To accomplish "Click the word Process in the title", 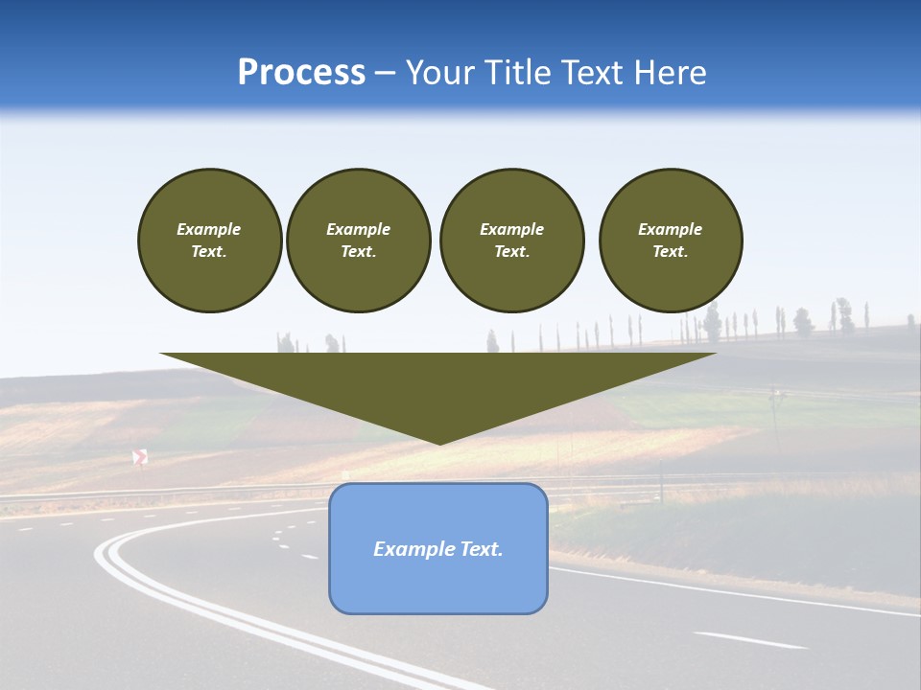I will [x=301, y=73].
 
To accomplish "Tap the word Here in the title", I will [x=670, y=73].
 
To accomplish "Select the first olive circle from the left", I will [x=209, y=241].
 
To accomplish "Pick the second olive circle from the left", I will [x=358, y=241].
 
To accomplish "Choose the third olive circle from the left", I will [x=511, y=241].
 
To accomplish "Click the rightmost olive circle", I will [x=671, y=241].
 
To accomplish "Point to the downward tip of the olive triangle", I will [x=439, y=442].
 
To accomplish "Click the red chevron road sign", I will [x=140, y=457].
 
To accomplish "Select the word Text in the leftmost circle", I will [x=208, y=252].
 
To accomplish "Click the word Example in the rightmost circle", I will [x=670, y=229].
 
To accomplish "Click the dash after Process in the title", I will [x=385, y=74].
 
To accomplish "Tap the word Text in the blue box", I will [x=483, y=549].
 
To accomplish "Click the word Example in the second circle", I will [x=358, y=229].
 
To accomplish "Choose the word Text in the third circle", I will [x=511, y=252].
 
